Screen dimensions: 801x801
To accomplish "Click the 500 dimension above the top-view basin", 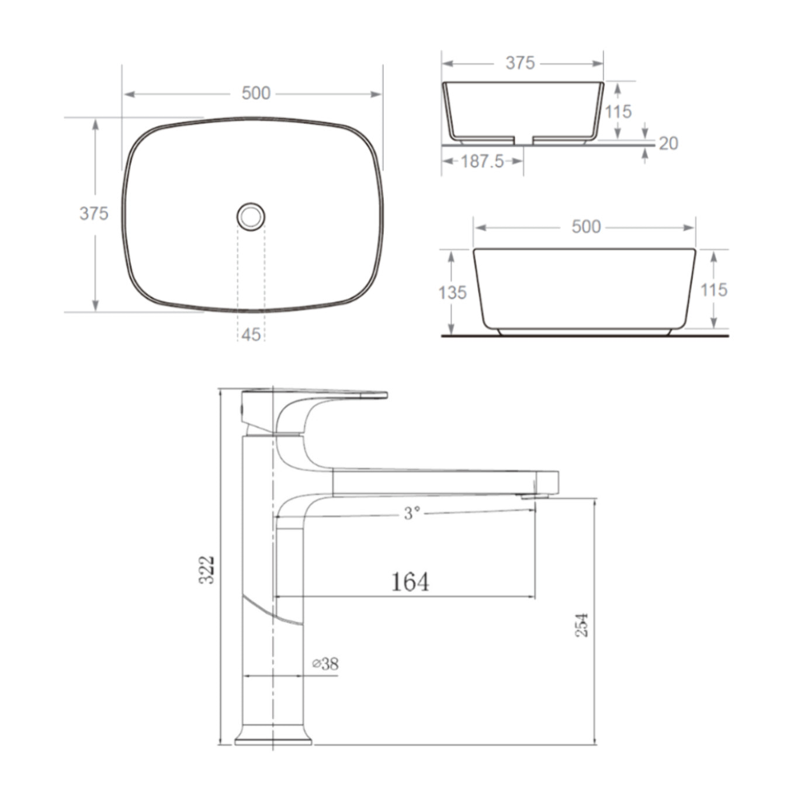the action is (256, 93).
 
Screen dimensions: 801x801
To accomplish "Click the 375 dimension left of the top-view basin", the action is (94, 214).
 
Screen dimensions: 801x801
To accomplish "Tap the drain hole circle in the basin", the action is (251, 216).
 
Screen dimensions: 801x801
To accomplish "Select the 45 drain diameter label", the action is (251, 335).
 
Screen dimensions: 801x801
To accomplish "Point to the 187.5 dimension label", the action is (482, 161).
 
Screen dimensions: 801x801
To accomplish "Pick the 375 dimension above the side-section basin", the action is (520, 63).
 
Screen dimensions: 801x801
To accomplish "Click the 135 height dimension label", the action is (453, 293).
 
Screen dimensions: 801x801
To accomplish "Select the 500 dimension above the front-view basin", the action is (586, 227).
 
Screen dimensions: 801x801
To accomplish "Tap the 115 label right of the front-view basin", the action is (714, 290).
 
